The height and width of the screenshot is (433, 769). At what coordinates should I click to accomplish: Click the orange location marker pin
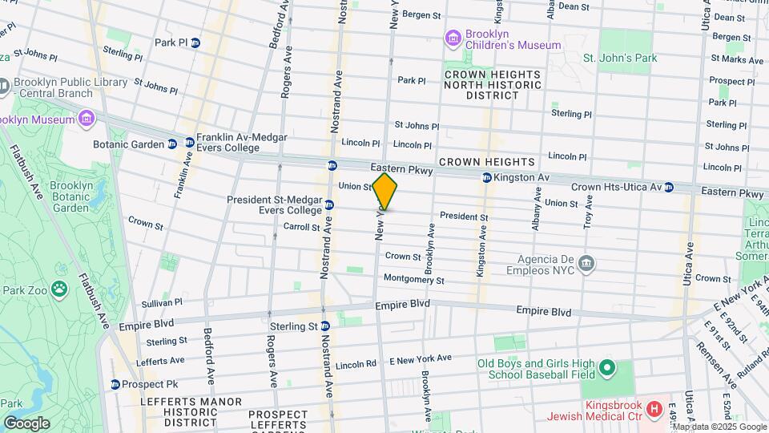(x=384, y=192)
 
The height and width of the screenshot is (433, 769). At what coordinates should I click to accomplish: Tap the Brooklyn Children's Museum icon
(x=453, y=38)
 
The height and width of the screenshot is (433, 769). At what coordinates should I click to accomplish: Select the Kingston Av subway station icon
(x=485, y=177)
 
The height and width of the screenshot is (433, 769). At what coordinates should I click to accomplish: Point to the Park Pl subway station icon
(x=195, y=42)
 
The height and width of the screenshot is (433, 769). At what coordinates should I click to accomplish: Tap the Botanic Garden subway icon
(x=171, y=144)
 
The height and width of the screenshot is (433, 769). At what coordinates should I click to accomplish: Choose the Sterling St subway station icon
(x=325, y=326)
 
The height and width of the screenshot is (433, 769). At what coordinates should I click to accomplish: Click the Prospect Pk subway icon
(x=115, y=384)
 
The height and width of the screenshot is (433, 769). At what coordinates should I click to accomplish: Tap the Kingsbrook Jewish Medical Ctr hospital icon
(x=654, y=410)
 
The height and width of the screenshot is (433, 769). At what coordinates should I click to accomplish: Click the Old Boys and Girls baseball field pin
(x=607, y=369)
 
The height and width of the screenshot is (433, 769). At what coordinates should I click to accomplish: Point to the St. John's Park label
(x=619, y=58)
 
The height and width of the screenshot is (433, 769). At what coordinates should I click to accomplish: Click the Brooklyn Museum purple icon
(x=86, y=119)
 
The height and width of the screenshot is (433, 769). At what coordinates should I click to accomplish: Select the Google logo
(x=26, y=423)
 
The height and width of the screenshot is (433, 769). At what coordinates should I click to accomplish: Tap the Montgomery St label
(x=413, y=280)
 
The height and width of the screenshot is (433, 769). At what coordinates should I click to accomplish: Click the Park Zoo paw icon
(x=60, y=286)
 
